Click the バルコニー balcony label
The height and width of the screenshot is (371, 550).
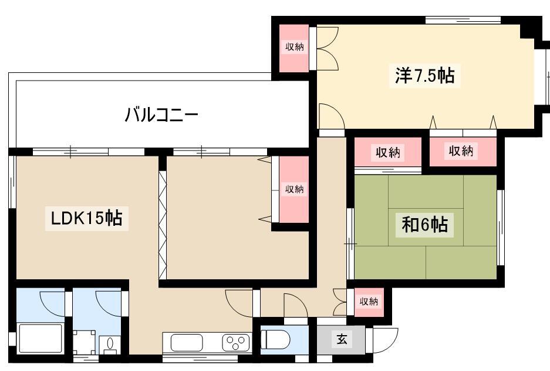161,115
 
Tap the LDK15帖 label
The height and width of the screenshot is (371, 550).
87,218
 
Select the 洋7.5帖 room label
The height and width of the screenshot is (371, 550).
425,75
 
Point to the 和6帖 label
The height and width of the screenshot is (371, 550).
425,224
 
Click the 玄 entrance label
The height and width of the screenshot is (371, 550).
342,339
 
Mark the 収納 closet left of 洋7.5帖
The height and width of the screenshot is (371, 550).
294,48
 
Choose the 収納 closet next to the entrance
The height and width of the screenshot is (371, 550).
369,302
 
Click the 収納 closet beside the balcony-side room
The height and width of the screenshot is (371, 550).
294,189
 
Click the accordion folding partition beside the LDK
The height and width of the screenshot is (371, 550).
163,225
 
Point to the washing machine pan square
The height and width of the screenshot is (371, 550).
84,342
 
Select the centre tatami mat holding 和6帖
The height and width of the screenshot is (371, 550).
426,228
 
